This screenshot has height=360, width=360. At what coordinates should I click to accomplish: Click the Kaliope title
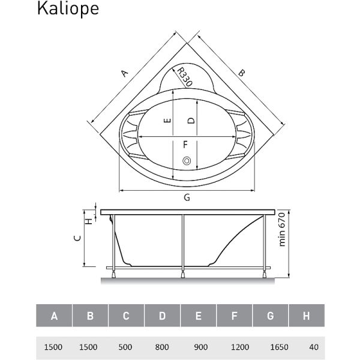point(68,9)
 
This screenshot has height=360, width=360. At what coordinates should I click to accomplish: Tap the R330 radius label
point(185,77)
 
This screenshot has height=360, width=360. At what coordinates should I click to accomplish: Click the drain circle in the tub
point(187,161)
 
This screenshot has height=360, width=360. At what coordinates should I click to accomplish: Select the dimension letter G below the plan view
point(187,197)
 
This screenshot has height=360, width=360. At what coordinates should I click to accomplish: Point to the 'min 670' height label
point(281,229)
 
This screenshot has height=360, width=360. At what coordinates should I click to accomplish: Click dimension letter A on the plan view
point(124,73)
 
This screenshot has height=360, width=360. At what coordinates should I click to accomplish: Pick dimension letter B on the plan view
point(241,73)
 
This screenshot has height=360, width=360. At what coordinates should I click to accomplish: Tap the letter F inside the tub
point(185,145)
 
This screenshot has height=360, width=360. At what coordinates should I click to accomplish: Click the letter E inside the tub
point(168,121)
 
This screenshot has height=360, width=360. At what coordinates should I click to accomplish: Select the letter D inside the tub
point(191,121)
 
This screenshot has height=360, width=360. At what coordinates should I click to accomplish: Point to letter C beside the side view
point(77,238)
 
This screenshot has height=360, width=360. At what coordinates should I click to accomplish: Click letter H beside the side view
point(89,221)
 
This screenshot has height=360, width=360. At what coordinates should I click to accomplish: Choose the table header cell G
point(270,316)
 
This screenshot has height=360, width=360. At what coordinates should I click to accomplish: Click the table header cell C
point(126,316)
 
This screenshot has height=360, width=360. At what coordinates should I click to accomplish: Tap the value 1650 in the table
point(279,347)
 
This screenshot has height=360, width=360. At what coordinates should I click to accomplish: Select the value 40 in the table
point(314,347)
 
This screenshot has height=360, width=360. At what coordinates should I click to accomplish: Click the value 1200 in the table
point(240,347)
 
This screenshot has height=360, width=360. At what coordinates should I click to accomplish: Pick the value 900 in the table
point(201,347)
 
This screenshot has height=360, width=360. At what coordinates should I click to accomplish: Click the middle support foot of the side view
point(183,275)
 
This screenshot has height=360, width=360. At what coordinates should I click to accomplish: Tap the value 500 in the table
point(125,347)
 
